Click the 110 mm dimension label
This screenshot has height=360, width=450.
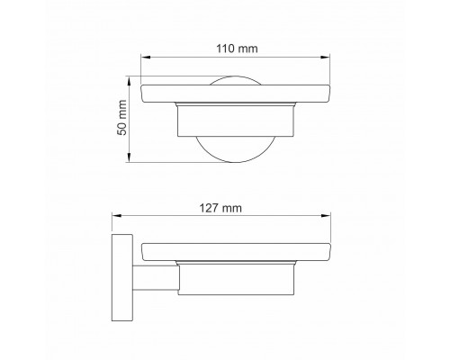[237, 49]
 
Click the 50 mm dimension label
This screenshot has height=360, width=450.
[122, 118]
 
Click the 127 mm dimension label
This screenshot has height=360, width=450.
[220, 208]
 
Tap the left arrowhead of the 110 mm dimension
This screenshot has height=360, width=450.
[146, 57]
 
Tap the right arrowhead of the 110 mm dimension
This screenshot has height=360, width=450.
[326, 57]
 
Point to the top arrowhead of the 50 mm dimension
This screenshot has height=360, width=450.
[129, 81]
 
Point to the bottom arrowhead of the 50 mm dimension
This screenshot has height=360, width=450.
[129, 157]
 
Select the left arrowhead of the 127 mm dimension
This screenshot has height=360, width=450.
[116, 215]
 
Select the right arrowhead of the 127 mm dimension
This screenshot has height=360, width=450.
[326, 215]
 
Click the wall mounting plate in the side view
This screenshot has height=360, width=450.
[122, 277]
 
